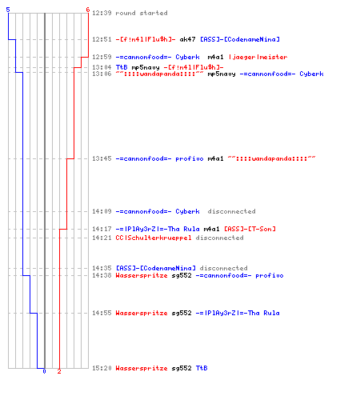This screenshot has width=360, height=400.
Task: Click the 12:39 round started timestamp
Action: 102,13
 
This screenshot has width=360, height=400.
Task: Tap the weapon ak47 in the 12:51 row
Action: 187,39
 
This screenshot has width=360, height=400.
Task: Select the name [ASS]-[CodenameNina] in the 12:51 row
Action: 240,39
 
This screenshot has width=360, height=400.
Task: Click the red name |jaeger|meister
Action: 258,57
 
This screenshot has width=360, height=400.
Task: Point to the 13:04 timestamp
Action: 102,67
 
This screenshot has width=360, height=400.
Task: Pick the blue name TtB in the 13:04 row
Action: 122,67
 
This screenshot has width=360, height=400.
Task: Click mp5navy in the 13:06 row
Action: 222,74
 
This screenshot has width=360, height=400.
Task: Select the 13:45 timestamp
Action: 102,158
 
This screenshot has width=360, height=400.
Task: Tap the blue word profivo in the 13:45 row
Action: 190,159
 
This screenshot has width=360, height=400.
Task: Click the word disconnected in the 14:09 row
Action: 231,211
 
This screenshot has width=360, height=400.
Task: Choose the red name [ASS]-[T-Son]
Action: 250,229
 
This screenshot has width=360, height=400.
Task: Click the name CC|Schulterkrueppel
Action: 154,238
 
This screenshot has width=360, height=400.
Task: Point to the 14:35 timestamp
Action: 102,268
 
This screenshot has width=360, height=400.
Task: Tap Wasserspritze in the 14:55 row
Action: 142,313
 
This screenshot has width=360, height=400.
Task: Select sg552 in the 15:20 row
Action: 182,368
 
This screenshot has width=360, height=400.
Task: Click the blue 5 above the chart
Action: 8,10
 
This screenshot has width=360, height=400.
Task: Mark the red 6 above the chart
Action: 88,10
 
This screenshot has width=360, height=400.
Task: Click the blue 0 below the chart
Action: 44,371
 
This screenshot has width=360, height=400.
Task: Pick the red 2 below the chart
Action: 59,371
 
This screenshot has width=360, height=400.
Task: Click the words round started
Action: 142,13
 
